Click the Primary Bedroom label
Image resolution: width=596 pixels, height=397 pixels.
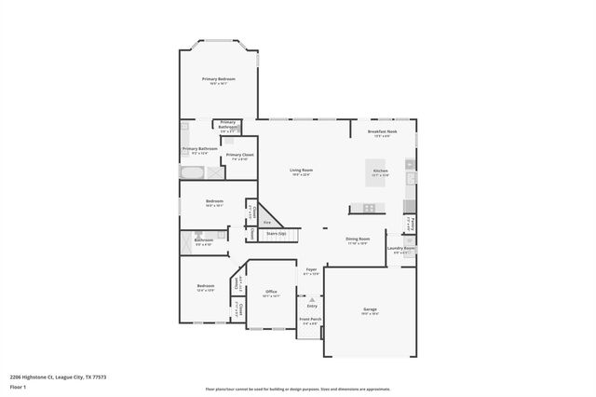(x=219, y=79)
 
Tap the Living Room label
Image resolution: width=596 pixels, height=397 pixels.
(x=301, y=171)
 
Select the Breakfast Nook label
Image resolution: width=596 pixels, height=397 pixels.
(x=383, y=132)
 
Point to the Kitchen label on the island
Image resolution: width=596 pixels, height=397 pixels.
(x=380, y=171)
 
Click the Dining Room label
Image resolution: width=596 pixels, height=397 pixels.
(x=359, y=240)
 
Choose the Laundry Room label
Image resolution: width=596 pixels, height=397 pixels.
(x=401, y=249)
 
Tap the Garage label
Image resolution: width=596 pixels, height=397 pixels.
(x=370, y=308)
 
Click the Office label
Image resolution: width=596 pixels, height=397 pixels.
(x=272, y=292)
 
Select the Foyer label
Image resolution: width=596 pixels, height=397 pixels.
(x=312, y=270)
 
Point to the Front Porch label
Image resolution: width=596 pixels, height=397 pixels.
(x=310, y=320)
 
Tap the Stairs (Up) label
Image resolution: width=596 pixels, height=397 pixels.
(x=276, y=234)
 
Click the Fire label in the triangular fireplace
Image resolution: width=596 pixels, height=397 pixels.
(x=266, y=223)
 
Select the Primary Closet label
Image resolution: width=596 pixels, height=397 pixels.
(x=239, y=155)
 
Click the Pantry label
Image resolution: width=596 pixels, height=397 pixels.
(x=412, y=223)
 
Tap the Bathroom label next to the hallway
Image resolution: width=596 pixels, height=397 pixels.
(x=204, y=240)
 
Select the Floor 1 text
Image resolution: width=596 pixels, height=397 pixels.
(x=19, y=385)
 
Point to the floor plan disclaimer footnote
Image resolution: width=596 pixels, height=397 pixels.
(x=298, y=389)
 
